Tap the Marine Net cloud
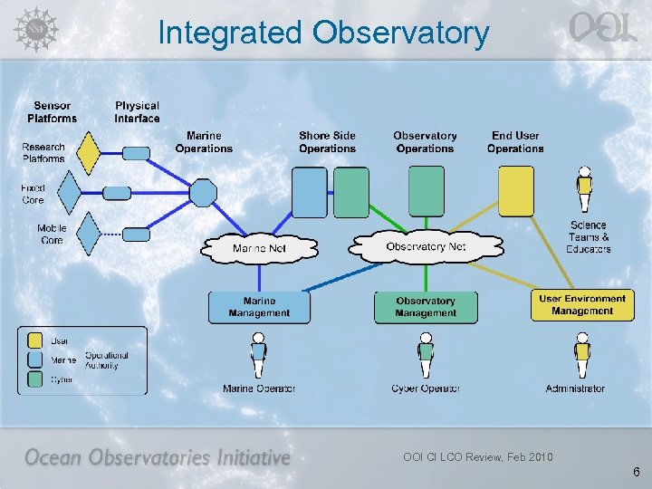tap(261, 248)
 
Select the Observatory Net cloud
tap(425, 246)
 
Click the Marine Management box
tap(259, 307)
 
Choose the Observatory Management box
tap(425, 307)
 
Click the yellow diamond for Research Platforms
tap(89, 152)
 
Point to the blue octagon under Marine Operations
tap(202, 193)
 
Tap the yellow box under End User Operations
tap(516, 191)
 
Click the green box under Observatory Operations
tap(427, 191)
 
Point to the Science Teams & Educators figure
tap(586, 191)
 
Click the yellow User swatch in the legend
tap(34, 341)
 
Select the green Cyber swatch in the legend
tap(34, 380)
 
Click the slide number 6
tap(637, 472)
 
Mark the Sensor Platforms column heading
tap(53, 112)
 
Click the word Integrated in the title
tap(230, 33)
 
